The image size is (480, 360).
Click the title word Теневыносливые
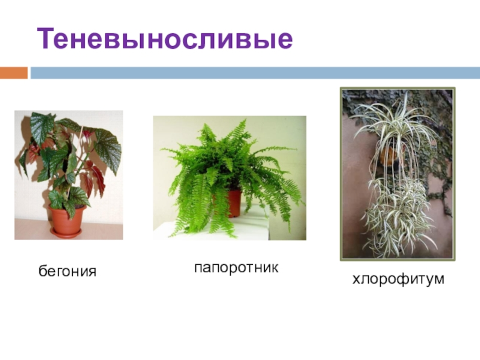(x=165, y=39)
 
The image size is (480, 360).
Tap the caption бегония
(x=67, y=271)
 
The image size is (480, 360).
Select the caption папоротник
(x=236, y=268)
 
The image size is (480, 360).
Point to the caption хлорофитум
(x=398, y=279)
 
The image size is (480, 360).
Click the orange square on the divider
(x=14, y=73)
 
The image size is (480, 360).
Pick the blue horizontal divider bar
(x=255, y=73)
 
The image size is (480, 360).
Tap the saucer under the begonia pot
(x=66, y=232)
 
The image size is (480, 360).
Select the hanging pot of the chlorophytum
(x=389, y=154)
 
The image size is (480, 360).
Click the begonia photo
(x=69, y=175)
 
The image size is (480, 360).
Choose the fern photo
(x=230, y=178)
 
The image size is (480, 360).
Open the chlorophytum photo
(x=398, y=174)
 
